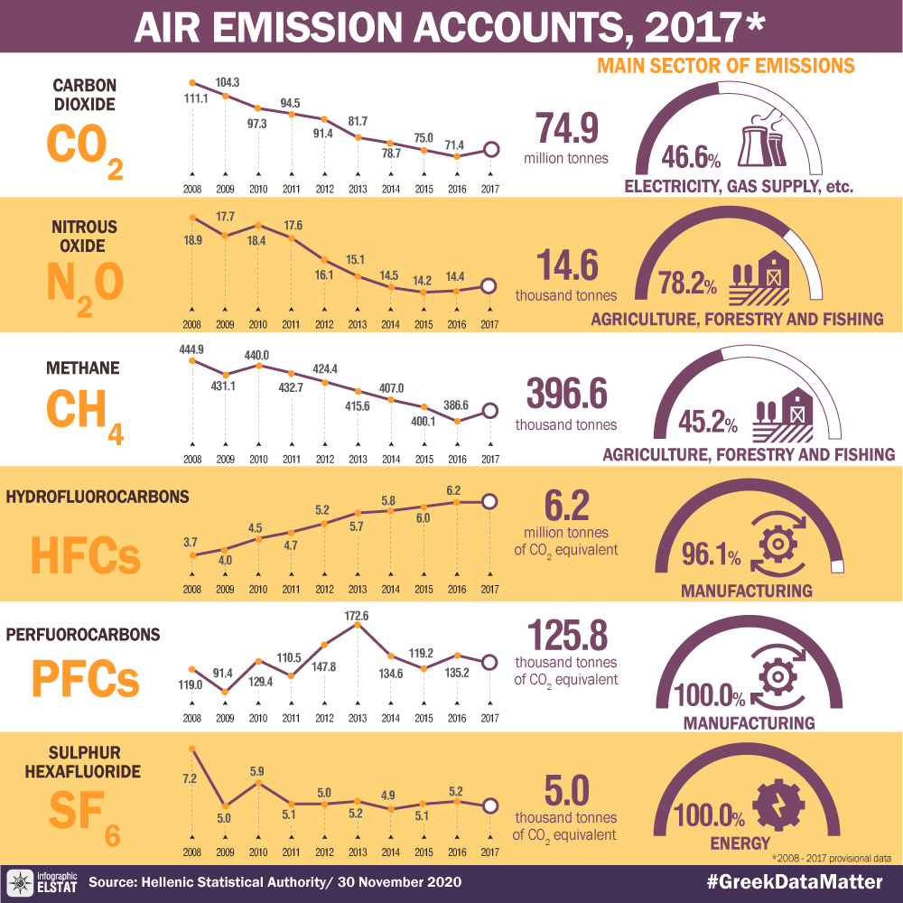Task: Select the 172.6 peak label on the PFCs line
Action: (x=358, y=617)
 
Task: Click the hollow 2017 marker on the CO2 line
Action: (x=490, y=150)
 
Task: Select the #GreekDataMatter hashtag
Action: (x=793, y=880)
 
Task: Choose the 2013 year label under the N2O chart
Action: (x=358, y=324)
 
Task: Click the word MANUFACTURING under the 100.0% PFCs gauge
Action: (x=749, y=723)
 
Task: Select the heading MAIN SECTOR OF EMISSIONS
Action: (x=726, y=67)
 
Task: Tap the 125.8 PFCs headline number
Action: (x=566, y=636)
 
